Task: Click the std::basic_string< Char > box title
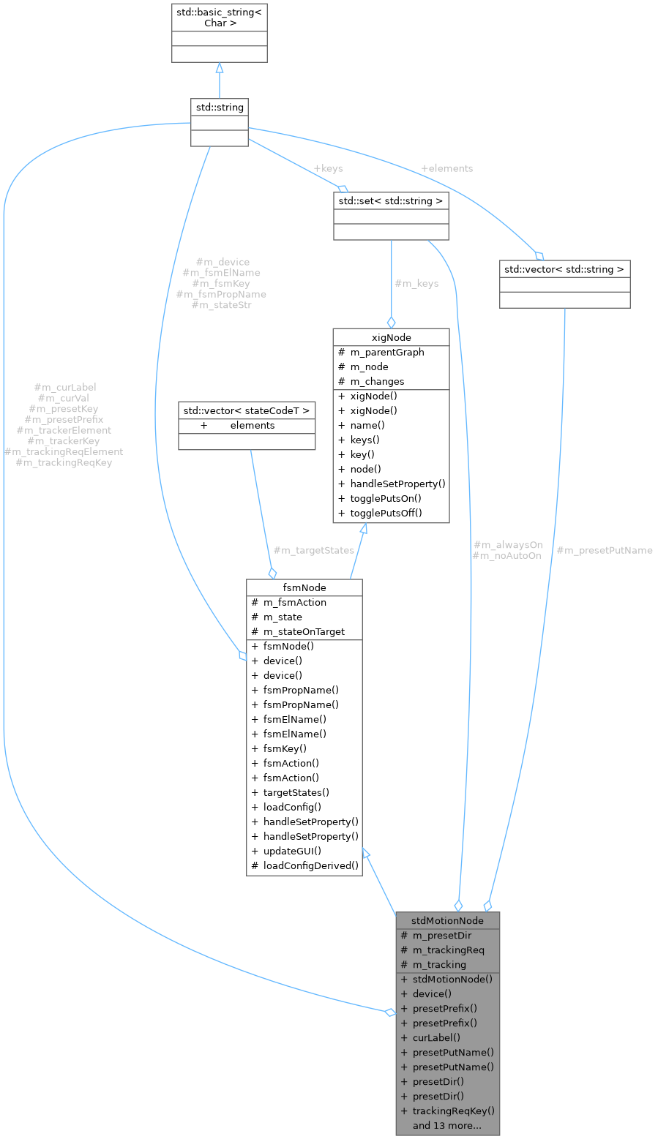[x=219, y=18]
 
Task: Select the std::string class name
[x=219, y=107]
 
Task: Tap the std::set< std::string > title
[x=391, y=200]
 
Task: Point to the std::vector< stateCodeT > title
[x=247, y=410]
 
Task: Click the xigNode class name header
[x=391, y=337]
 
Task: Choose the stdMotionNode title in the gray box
[x=447, y=920]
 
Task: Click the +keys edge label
[x=328, y=168]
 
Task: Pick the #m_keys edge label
[x=416, y=283]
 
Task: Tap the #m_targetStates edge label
[x=313, y=549]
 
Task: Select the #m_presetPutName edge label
[x=605, y=550]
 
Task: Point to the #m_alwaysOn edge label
[x=508, y=545]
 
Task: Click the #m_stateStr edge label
[x=221, y=304]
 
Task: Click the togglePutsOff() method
[x=386, y=513]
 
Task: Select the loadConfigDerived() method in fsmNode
[x=311, y=865]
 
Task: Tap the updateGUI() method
[x=292, y=851]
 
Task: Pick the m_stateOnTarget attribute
[x=304, y=631]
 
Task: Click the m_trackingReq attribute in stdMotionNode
[x=448, y=950]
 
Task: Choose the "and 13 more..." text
[x=446, y=1125]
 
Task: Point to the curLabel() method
[x=436, y=1037]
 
